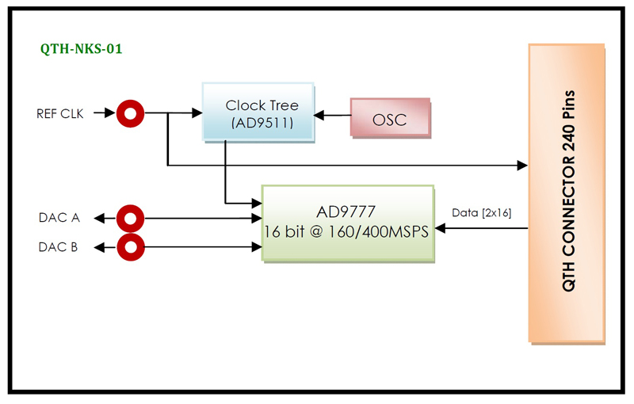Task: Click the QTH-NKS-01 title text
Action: pos(81,49)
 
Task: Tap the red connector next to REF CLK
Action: pos(129,113)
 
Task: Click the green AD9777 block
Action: pos(348,223)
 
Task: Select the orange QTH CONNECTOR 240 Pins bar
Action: pos(567,193)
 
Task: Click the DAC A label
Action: pos(59,217)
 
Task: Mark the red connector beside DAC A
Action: pos(130,217)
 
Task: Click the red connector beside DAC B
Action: pos(130,246)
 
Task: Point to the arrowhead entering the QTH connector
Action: pos(521,165)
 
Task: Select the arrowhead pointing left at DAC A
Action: pos(99,217)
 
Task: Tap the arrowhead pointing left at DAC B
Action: pos(99,247)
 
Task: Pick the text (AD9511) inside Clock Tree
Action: pos(262,124)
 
